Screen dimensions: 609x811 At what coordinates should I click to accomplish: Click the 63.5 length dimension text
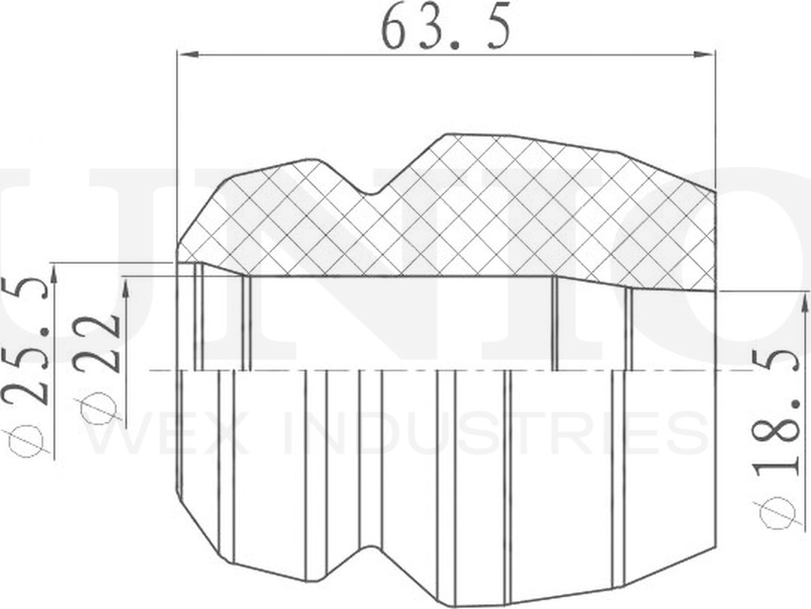pos(446,29)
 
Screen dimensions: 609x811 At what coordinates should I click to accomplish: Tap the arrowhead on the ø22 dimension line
pos(128,288)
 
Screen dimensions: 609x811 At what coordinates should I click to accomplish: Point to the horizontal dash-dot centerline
pos(445,371)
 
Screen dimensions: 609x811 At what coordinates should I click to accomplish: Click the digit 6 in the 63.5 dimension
pos(396,29)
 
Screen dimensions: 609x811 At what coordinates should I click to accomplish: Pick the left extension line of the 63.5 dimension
pos(177,148)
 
